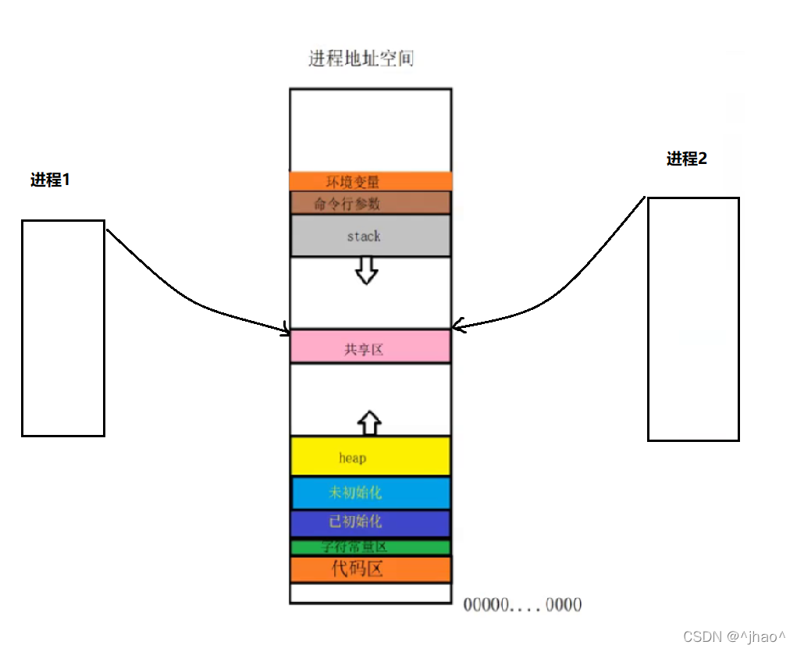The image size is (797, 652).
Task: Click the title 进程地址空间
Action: click(361, 59)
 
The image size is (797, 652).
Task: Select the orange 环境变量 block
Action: click(370, 181)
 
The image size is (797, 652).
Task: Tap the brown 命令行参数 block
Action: click(370, 203)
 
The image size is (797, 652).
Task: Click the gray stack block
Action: click(370, 236)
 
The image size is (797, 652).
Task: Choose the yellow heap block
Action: click(370, 457)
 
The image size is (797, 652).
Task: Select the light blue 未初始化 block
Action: click(370, 493)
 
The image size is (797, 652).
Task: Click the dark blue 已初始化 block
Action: click(370, 522)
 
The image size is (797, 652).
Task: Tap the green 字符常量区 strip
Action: click(370, 547)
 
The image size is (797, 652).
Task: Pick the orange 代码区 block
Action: click(370, 568)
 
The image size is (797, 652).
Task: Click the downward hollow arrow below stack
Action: click(366, 270)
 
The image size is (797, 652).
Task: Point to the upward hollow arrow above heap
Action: click(369, 422)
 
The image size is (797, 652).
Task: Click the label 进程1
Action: click(50, 180)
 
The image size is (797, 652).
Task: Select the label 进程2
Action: click(687, 159)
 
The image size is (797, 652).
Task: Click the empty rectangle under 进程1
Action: click(62, 328)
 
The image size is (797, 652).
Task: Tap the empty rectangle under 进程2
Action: click(693, 319)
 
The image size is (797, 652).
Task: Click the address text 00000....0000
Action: click(522, 605)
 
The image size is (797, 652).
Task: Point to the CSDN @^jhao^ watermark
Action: click(734, 636)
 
